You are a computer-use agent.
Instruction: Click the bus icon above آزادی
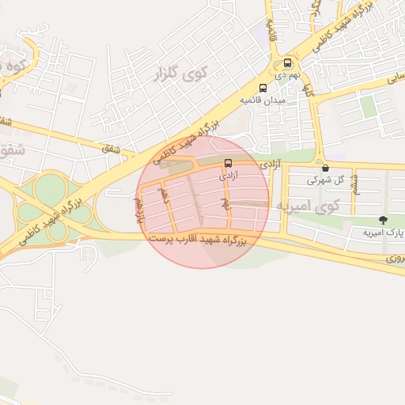coord(229,165)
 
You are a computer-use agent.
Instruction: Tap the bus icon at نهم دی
coord(286,62)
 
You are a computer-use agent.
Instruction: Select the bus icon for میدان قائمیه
coord(263,88)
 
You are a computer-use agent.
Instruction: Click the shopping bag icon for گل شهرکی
coord(325,168)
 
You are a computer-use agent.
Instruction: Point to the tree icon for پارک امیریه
coord(384,220)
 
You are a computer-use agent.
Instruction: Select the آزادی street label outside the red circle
coord(270,164)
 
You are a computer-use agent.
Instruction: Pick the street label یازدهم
coord(138,206)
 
